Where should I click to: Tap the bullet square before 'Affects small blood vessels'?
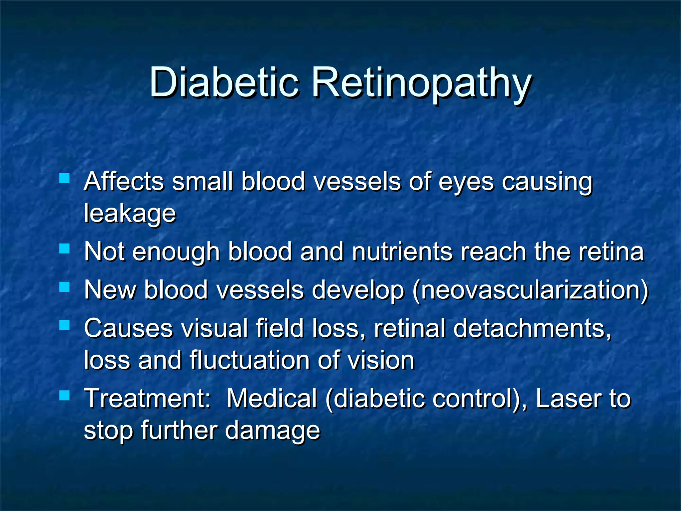(x=64, y=178)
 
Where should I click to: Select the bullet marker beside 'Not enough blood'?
(x=64, y=249)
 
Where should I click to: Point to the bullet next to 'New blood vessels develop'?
(x=64, y=287)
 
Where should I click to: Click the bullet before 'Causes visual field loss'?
(x=64, y=325)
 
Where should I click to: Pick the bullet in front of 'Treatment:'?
(x=64, y=395)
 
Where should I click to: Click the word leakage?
(x=130, y=214)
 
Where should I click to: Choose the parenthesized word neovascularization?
(x=530, y=290)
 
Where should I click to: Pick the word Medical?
(x=272, y=399)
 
